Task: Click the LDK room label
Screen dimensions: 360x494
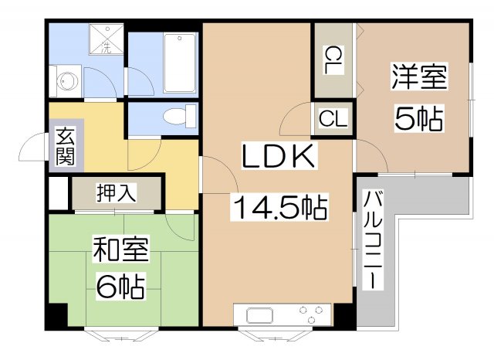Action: [x=279, y=158]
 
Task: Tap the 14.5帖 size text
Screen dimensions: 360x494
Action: [x=279, y=207]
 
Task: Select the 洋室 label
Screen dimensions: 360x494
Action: [x=419, y=78]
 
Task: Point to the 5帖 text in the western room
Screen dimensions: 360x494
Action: [x=418, y=117]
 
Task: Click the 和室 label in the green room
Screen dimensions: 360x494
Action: [x=120, y=251]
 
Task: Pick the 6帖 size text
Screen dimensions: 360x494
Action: [x=120, y=287]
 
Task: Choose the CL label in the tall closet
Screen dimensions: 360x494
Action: [x=333, y=60]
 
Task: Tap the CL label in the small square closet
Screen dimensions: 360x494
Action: [x=333, y=119]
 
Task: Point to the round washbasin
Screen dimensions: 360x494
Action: [x=68, y=80]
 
